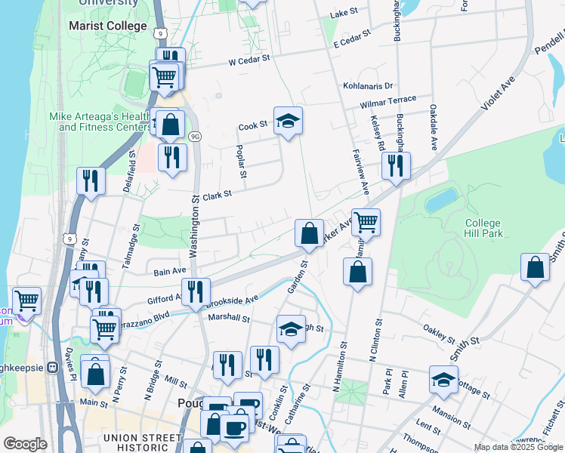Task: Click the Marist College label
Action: click(107, 26)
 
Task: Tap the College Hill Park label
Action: click(483, 228)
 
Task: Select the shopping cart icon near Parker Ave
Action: click(366, 223)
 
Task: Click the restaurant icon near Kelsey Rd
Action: click(396, 166)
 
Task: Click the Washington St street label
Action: click(194, 227)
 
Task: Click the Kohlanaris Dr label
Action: click(369, 86)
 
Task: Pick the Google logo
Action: click(25, 444)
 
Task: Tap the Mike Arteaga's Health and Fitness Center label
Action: click(98, 122)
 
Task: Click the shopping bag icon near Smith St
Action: click(536, 268)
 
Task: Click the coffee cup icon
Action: click(234, 427)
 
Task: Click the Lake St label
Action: click(344, 14)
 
